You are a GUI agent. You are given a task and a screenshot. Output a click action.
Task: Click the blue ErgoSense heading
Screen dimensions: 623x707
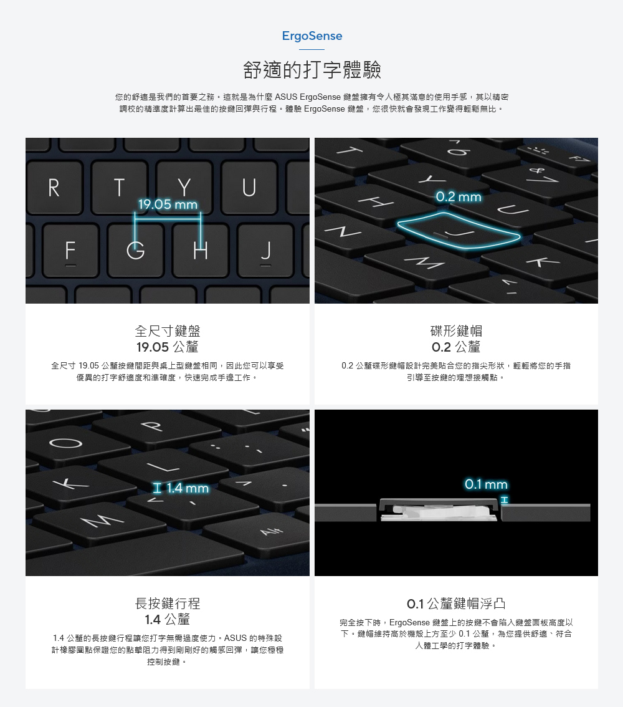pos(311,36)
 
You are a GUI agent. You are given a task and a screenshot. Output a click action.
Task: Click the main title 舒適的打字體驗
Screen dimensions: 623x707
pos(311,70)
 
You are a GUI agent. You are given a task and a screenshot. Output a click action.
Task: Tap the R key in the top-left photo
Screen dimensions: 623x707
pos(54,188)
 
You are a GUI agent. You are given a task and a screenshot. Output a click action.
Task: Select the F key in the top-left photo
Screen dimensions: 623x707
pos(70,250)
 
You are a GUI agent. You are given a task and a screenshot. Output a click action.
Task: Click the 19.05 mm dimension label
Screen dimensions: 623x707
pos(168,204)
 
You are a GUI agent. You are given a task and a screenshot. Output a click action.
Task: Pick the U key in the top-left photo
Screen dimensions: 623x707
pos(249,188)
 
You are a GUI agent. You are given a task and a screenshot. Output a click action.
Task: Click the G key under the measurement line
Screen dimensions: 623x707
pos(136,250)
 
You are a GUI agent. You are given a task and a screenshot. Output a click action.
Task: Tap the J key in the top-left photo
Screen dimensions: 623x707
pos(266,250)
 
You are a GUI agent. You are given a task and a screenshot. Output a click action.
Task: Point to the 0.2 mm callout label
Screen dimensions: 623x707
pos(459,197)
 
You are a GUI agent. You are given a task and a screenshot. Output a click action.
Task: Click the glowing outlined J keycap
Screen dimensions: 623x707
pos(459,230)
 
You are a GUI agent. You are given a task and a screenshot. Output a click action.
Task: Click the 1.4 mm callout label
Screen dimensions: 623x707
pos(181,488)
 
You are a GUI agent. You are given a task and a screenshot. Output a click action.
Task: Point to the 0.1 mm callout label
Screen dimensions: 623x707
pos(486,484)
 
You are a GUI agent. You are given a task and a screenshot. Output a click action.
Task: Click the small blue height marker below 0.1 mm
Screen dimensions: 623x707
pos(505,499)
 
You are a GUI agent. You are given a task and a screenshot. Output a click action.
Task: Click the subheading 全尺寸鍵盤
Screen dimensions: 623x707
pos(168,331)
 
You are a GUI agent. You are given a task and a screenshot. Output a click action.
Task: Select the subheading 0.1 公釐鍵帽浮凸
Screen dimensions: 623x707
pos(456,604)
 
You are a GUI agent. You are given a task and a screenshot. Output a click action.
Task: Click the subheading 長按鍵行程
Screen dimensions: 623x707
pos(168,604)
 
